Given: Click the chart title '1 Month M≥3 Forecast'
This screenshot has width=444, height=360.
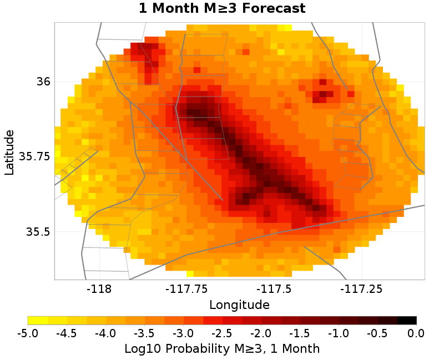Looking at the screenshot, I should pos(222,9).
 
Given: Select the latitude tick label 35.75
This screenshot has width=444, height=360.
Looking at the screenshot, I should pos(34,156).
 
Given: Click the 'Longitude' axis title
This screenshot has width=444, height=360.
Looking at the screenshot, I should pos(239,305).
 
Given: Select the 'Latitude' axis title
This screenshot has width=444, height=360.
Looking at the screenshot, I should pos(9,153).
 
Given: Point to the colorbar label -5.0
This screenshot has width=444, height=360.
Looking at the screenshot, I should pos(28,333).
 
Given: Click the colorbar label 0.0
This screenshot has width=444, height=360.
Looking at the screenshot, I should pos(416,333).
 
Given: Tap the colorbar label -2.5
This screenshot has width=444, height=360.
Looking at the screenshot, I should pos(222,333).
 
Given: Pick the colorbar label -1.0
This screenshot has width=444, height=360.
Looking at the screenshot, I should pos(339,333).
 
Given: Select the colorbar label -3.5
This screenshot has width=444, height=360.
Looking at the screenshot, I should pos(144,333).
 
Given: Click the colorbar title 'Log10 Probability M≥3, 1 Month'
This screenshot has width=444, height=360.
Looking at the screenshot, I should pos(222,348).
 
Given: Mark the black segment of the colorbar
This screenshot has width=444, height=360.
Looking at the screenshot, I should pos(407,320).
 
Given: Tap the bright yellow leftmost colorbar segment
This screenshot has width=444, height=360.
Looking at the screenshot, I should pos(38,320).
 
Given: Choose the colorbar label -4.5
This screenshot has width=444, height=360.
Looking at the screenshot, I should pos(67,333).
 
